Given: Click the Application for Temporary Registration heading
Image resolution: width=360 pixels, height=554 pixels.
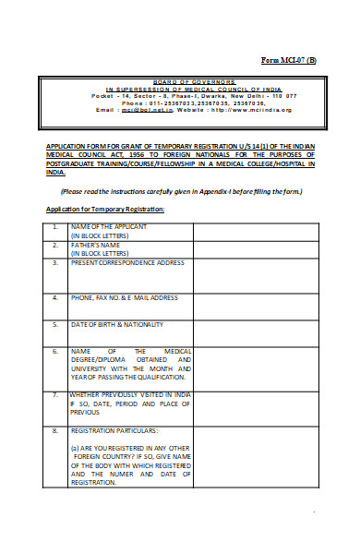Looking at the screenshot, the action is coord(105,209).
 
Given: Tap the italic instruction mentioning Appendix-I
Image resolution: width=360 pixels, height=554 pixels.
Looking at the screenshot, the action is coord(181,191).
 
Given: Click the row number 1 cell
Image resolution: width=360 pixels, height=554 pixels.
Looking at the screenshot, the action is coord(55,226).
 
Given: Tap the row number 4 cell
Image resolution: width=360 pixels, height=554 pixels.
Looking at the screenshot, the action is coord(55,298).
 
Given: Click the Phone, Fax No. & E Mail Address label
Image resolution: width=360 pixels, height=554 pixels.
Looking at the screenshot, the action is coord(124,298).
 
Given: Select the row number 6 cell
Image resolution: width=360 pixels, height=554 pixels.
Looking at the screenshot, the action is coord(55,352).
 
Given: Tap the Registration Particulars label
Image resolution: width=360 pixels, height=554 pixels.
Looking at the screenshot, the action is coord(114,431).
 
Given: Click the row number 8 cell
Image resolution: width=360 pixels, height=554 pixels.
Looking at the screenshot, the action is coord(55,431).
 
